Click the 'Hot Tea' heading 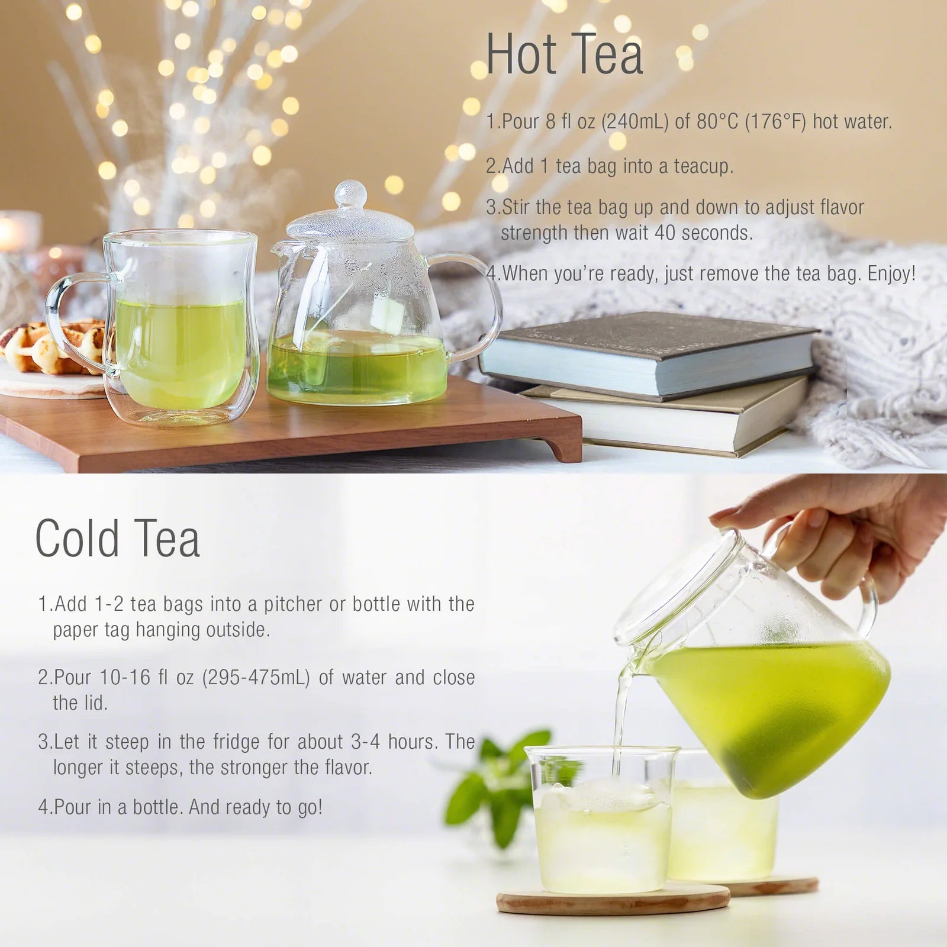click(564, 54)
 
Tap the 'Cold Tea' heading click(117, 538)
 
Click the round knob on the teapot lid click(350, 194)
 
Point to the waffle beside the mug click(36, 349)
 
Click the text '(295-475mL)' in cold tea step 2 click(256, 677)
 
